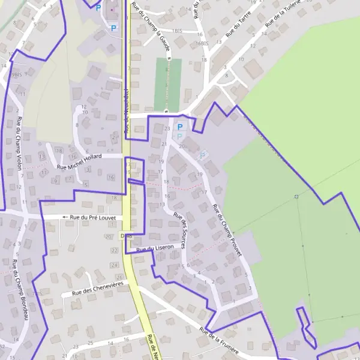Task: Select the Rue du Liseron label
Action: pos(155,248)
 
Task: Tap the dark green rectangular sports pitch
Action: pos(167,84)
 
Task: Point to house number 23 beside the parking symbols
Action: pos(167,128)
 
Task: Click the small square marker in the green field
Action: pos(296,196)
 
